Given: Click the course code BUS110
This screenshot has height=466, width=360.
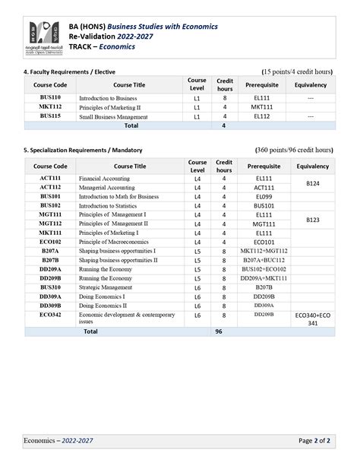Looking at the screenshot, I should [x=50, y=98].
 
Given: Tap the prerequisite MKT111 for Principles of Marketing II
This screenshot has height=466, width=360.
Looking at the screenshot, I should [x=263, y=107].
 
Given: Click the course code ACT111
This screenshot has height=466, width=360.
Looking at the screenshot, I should [x=50, y=178].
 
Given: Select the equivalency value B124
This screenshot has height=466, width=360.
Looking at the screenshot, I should [x=312, y=182].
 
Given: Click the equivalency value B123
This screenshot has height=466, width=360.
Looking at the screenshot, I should [x=312, y=219].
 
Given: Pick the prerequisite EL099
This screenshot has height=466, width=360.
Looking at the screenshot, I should [x=263, y=196].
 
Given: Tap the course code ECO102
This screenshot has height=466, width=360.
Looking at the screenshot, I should [x=50, y=242].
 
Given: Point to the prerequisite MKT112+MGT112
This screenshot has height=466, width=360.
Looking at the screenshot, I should [x=264, y=251].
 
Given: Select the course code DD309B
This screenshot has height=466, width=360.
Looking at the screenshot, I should [x=50, y=306].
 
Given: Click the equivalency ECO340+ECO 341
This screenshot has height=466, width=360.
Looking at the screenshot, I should [x=312, y=319].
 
